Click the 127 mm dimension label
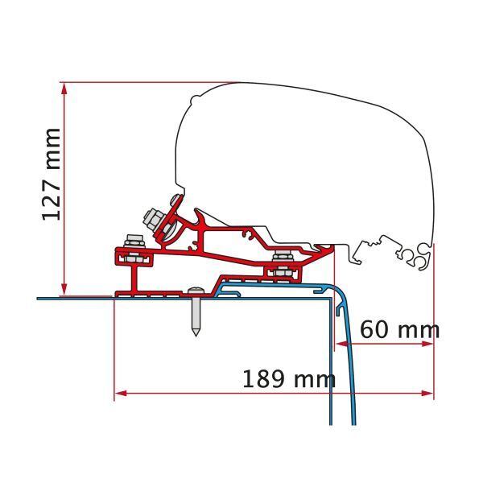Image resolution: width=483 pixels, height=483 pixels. pos(50,175)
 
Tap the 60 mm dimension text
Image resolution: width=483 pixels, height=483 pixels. pos(399,329)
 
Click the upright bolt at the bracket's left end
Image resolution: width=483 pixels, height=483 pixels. pos(134,244)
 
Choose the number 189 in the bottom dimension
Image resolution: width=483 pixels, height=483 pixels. pos(264,378)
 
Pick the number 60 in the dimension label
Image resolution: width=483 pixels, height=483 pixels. pos(375,329)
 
